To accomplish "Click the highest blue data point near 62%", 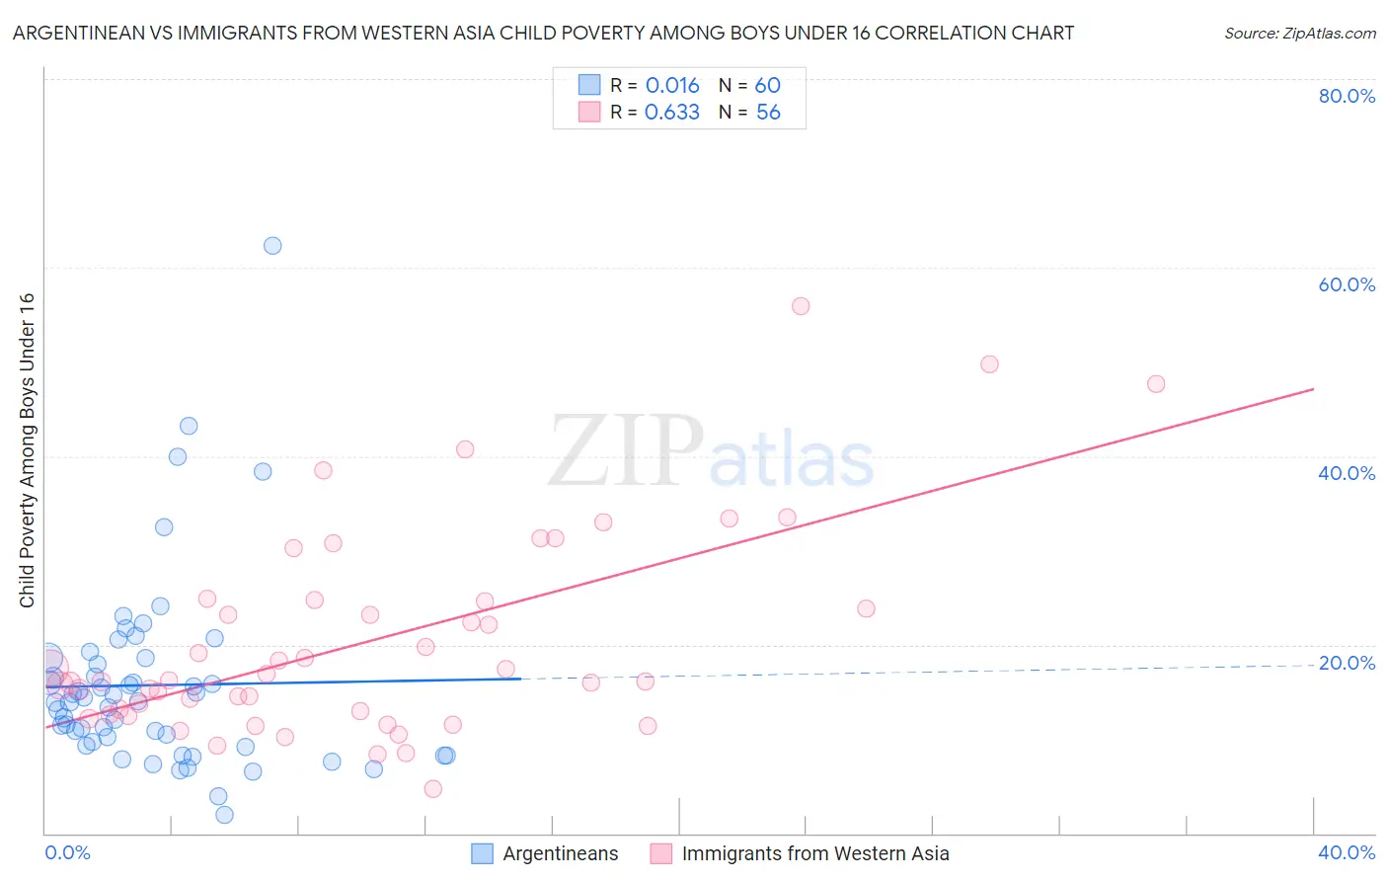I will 272,246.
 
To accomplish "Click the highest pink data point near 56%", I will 801,306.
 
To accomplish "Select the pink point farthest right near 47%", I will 1156,384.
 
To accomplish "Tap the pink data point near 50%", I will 989,364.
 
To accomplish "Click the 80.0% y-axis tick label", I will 1347,96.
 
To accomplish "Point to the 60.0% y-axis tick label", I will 1347,284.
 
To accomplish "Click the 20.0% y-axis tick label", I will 1347,663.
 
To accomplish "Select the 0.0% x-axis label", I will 67,852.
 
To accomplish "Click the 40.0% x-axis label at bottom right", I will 1347,852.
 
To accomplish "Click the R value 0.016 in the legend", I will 671,86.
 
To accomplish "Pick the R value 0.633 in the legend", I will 671,113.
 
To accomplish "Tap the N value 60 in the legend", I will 767,86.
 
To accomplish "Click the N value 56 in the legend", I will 767,113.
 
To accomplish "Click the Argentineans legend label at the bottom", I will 560,853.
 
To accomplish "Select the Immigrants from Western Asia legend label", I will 814,853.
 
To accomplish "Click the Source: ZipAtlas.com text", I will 1299,34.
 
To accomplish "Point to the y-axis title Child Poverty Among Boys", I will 28,450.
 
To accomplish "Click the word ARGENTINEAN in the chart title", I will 80,34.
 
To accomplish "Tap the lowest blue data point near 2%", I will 224,815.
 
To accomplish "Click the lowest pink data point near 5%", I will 432,789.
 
